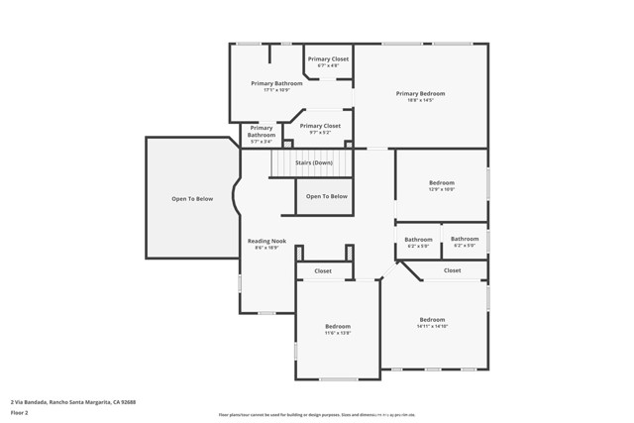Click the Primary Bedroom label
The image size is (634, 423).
pyautogui.click(x=420, y=93)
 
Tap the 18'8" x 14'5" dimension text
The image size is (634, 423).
pyautogui.click(x=420, y=100)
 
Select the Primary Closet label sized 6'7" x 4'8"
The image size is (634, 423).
pyautogui.click(x=328, y=59)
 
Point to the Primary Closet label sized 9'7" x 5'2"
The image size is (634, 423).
pyautogui.click(x=320, y=126)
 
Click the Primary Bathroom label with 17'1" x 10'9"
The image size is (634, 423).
pyautogui.click(x=276, y=83)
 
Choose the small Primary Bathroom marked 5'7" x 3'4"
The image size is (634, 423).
pyautogui.click(x=262, y=128)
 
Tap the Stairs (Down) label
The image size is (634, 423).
pyautogui.click(x=315, y=162)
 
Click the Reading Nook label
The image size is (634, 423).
pyautogui.click(x=266, y=241)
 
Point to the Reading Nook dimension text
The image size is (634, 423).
pyautogui.click(x=266, y=248)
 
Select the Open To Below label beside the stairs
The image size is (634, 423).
pyautogui.click(x=327, y=196)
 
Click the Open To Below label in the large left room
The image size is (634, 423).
pyautogui.click(x=192, y=199)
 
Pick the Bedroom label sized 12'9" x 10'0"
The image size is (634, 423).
pyautogui.click(x=442, y=182)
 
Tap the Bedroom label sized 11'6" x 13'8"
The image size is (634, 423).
pyautogui.click(x=338, y=326)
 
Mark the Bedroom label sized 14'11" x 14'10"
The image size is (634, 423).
pyautogui.click(x=432, y=319)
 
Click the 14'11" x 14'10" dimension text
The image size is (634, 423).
pyautogui.click(x=432, y=326)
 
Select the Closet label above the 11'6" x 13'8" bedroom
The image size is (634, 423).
pyautogui.click(x=323, y=270)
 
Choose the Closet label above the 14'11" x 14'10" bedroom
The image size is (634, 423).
pyautogui.click(x=452, y=270)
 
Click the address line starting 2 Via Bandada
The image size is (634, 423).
pyautogui.click(x=73, y=402)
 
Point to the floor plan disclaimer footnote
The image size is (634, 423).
pyautogui.click(x=316, y=415)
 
